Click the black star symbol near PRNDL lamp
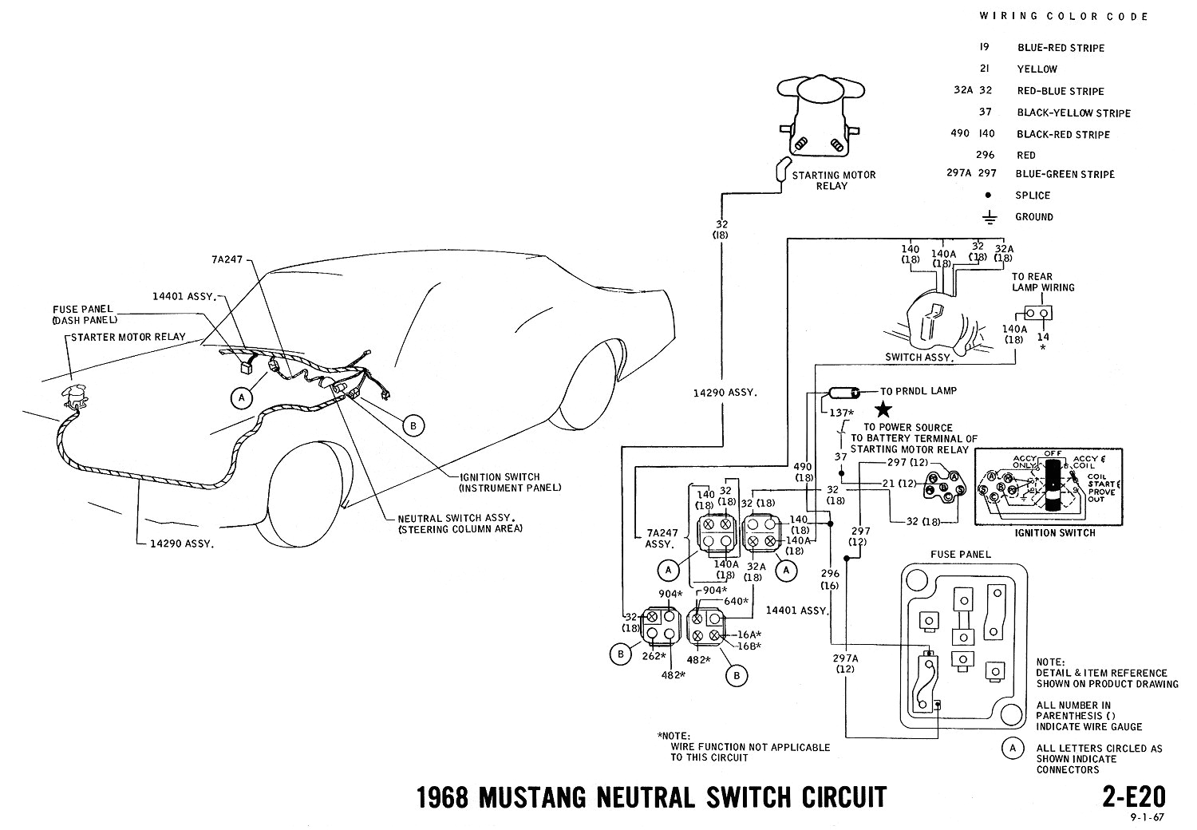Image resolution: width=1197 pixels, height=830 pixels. (x=883, y=410)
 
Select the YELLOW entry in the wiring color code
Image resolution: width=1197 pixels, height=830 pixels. (x=1037, y=69)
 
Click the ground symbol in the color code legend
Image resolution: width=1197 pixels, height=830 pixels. (x=990, y=217)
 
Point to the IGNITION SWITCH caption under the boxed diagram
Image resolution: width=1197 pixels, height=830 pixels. (x=1056, y=533)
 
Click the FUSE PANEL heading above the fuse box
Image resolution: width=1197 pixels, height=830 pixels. (x=960, y=554)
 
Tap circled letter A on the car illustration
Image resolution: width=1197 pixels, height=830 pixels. (x=240, y=397)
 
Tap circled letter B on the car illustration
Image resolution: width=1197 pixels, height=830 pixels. (x=413, y=426)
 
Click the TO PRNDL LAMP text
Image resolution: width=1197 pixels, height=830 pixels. (x=918, y=391)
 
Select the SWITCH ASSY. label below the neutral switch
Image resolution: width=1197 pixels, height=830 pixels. (x=918, y=358)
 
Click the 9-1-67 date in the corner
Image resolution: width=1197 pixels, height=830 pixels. (x=1147, y=818)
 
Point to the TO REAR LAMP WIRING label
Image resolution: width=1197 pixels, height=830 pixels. (x=1043, y=283)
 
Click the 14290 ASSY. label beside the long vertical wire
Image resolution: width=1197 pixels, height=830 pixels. (x=725, y=393)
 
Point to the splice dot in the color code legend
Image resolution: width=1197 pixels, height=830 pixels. (x=990, y=196)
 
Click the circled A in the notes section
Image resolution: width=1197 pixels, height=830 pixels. (x=1012, y=748)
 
